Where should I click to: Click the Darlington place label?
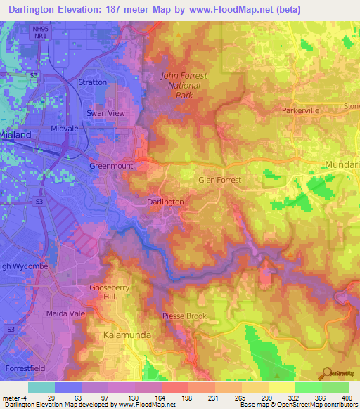pos(166,202)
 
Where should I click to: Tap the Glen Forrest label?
pos(219,181)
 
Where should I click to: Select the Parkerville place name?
pos(301,111)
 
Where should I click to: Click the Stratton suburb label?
pos(93,82)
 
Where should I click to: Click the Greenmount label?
pos(111,166)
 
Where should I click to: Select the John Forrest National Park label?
pos(181,86)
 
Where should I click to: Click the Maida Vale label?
pos(65,313)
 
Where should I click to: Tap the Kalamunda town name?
pos(127,335)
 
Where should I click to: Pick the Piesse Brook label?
pos(185,316)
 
